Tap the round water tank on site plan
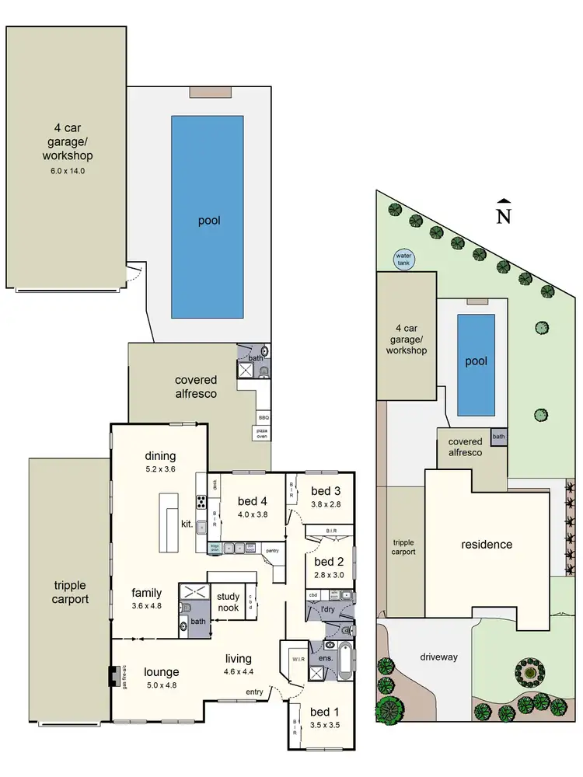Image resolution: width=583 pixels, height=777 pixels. pos(403,259)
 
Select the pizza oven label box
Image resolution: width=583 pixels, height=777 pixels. pos(260,432)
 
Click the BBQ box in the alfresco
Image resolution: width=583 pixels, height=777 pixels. pos(263,416)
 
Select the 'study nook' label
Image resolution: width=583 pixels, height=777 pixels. pos(228,602)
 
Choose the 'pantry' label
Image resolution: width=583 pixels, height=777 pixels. pos(272,551)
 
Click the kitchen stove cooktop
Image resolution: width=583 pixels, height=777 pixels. pos(201,502)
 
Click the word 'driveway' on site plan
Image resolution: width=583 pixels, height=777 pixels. pos(439,657)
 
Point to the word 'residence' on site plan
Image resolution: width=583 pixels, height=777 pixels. pos(487,545)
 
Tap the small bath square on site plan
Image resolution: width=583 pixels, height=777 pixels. pos(497,437)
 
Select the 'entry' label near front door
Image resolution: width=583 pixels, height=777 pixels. pos(254,692)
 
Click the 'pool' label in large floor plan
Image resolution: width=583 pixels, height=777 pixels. pos(209,221)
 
